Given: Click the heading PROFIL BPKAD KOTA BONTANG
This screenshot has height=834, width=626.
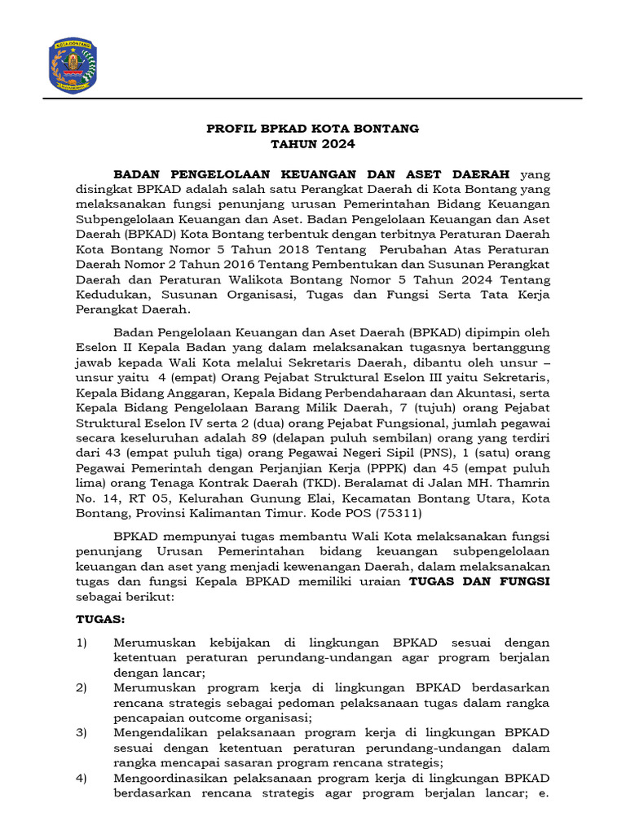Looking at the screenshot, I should pos(312,129).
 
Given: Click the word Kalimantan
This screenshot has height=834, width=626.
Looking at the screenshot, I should pos(216,514).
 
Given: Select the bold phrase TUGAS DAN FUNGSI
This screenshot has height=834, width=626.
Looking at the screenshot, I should pos(478,582).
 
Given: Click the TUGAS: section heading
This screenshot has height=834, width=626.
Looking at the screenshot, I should pos(100,619).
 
